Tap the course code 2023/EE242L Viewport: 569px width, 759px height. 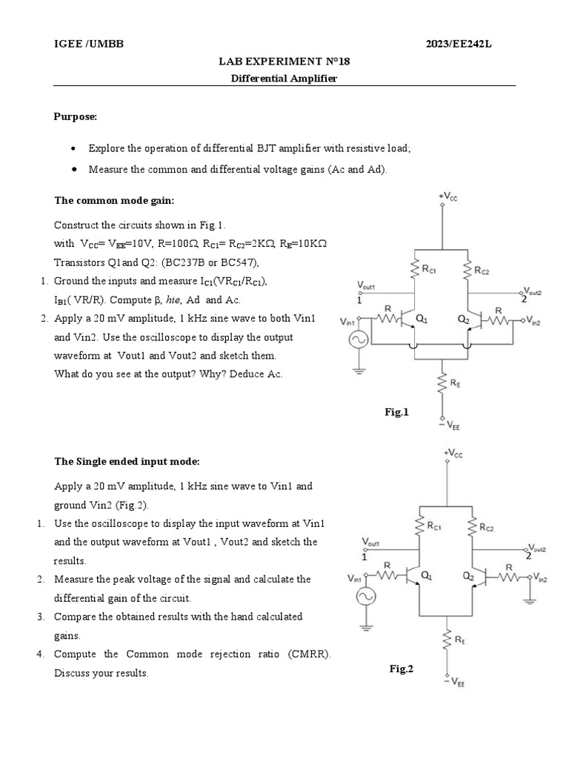[x=459, y=44]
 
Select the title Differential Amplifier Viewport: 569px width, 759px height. [x=284, y=78]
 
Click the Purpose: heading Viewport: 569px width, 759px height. [x=76, y=116]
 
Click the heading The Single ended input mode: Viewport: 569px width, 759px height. [x=127, y=461]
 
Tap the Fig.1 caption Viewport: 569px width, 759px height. [x=396, y=412]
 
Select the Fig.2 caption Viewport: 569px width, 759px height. [x=402, y=669]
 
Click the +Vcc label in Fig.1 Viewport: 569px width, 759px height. [x=447, y=196]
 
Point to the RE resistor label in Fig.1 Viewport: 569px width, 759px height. [x=456, y=382]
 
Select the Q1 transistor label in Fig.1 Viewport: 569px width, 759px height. [x=422, y=319]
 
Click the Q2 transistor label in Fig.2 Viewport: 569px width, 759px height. [x=467, y=575]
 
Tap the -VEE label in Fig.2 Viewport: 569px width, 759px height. [x=456, y=683]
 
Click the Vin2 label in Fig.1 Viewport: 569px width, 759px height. [x=532, y=322]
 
